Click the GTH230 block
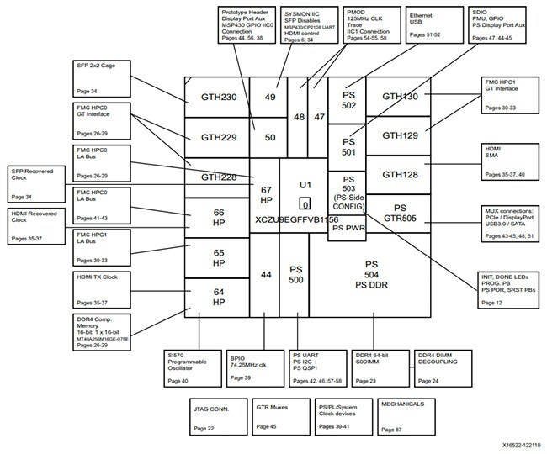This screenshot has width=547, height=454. [x=216, y=97]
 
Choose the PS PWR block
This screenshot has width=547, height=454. [x=347, y=227]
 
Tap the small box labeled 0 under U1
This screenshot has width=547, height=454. [x=305, y=204]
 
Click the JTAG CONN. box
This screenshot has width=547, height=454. [x=216, y=415]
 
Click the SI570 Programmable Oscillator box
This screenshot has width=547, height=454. [x=192, y=367]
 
